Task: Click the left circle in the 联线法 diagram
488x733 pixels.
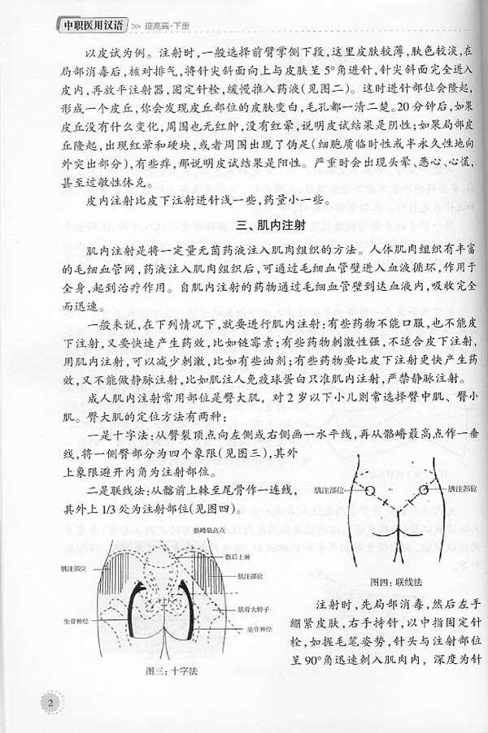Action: tap(368, 492)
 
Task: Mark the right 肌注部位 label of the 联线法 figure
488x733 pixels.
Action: tap(462, 491)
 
